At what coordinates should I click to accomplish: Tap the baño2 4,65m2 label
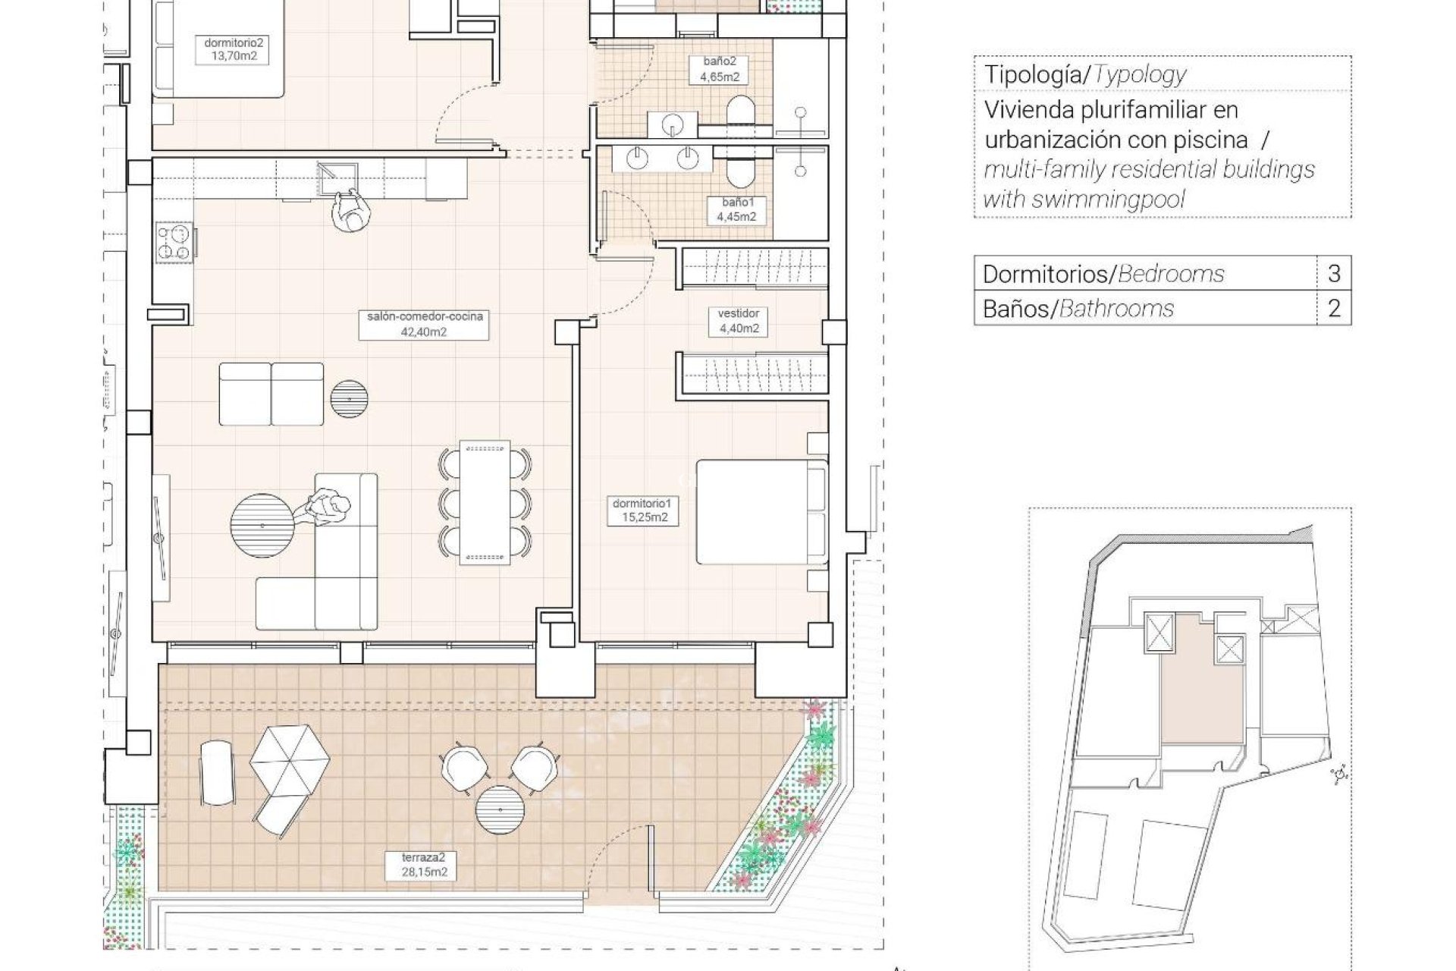point(719,70)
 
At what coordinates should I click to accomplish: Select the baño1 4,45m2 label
point(736,209)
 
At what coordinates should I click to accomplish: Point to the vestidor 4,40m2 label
point(739,321)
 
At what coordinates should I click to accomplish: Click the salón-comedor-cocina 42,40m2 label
point(425,324)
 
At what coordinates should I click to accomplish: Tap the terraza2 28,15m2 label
point(425,865)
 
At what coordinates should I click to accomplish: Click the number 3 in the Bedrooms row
point(1334,273)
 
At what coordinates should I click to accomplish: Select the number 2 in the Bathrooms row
point(1334,308)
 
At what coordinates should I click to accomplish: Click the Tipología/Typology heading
point(1085,74)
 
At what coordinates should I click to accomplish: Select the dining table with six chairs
point(485,502)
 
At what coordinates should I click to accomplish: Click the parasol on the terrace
point(290,757)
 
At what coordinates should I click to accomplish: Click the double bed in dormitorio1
point(761,511)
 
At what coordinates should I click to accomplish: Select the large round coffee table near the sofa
point(262,525)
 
